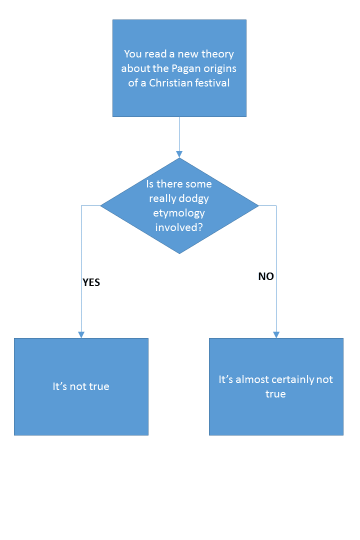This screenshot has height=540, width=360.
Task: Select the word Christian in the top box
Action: pyautogui.click(x=170, y=83)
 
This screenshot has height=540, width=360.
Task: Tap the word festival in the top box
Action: pyautogui.click(x=211, y=83)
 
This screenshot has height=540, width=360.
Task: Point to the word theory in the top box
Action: pyautogui.click(x=218, y=54)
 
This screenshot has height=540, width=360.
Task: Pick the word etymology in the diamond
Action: pyautogui.click(x=179, y=213)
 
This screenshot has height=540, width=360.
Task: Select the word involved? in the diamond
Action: pyautogui.click(x=179, y=228)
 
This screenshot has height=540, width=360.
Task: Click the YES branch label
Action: pyautogui.click(x=91, y=282)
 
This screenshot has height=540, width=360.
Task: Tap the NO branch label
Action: pyautogui.click(x=266, y=276)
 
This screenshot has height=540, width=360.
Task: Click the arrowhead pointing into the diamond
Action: pyautogui.click(x=179, y=154)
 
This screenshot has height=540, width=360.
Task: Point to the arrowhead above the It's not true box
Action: pyautogui.click(x=81, y=334)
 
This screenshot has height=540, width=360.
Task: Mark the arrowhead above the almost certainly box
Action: pyautogui.click(x=276, y=334)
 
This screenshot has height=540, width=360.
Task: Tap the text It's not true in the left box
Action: pyautogui.click(x=81, y=386)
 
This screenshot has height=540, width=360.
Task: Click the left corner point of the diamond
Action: pyautogui.click(x=101, y=205)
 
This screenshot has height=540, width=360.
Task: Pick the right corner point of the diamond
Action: pyautogui.click(x=258, y=205)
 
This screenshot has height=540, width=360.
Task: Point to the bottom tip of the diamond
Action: pyautogui.click(x=179, y=253)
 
